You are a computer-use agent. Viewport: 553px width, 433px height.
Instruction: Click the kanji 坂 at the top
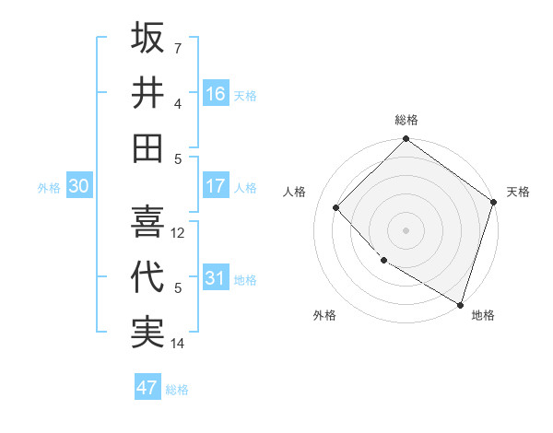(147, 38)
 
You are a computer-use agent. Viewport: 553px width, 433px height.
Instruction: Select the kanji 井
(147, 92)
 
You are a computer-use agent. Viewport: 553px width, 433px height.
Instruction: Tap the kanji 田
(147, 147)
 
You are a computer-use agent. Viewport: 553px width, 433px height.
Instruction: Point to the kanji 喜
(147, 222)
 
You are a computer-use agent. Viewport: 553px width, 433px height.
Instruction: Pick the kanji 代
(147, 277)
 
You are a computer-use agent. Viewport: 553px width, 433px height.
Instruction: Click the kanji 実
(147, 333)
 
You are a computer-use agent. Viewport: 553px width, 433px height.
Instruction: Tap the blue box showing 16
(216, 93)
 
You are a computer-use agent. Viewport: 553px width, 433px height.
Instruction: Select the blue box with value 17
(216, 186)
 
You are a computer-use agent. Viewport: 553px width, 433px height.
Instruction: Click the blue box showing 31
(216, 278)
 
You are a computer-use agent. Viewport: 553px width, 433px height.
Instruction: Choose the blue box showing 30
(78, 186)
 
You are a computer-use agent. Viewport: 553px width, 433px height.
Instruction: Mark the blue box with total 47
(147, 388)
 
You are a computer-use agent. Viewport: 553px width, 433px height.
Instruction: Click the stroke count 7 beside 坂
(178, 48)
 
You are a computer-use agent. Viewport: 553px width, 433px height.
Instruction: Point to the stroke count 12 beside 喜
(179, 233)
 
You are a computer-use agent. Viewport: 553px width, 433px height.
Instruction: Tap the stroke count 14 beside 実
(179, 344)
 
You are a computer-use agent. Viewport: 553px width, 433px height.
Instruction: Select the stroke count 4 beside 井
(178, 103)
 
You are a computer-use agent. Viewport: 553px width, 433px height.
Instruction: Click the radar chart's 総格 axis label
(406, 120)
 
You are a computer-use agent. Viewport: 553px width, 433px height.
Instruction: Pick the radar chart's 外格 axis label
(324, 315)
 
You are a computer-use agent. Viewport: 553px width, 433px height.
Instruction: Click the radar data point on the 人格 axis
(336, 207)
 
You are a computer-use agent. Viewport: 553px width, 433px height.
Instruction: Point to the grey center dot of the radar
(406, 229)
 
